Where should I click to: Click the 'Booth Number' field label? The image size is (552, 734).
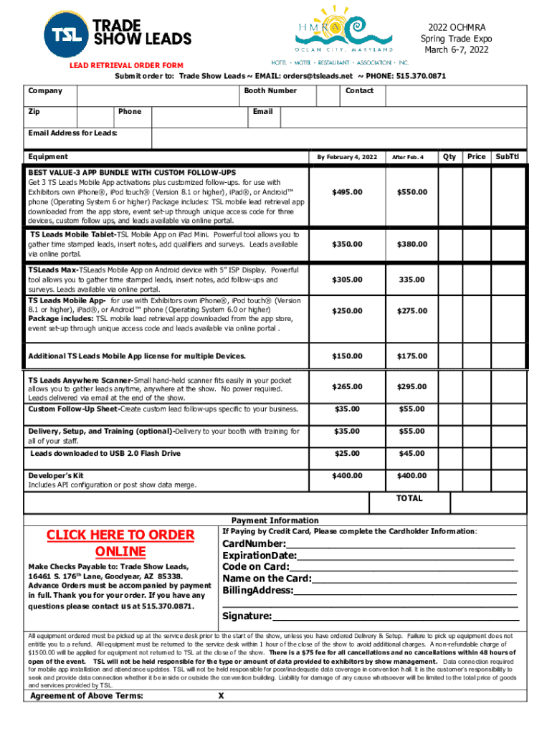coord(270,91)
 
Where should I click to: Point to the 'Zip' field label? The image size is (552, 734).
coord(34,112)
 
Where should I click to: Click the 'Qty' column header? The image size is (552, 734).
coord(449,156)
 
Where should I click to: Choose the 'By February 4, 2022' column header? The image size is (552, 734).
coord(347,157)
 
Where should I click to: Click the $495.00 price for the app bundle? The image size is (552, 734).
coord(347,192)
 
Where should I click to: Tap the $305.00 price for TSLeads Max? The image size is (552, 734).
coord(347,280)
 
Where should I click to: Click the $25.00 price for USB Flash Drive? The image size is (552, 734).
coord(347,454)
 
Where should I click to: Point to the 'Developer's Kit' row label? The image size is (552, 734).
coord(56,475)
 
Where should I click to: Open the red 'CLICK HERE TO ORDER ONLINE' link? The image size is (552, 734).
coord(120,543)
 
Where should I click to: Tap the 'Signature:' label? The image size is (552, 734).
coord(247,616)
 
